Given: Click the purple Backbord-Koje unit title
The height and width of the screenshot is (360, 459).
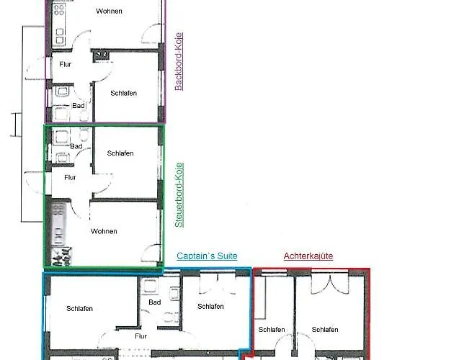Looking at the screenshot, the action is [x=179, y=62].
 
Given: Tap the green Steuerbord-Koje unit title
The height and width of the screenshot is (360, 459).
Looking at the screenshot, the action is [x=179, y=195].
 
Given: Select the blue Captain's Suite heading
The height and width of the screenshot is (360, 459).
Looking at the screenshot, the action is [x=207, y=256].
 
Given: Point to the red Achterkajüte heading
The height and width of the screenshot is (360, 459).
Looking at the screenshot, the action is [x=308, y=256].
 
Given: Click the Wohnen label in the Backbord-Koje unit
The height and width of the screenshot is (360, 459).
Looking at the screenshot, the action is [x=109, y=11].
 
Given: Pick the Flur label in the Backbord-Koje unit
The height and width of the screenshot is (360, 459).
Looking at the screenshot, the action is [x=65, y=64].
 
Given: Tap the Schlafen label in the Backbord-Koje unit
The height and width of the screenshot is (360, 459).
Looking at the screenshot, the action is [x=123, y=93].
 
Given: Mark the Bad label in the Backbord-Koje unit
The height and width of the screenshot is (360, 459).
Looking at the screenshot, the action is [x=79, y=106].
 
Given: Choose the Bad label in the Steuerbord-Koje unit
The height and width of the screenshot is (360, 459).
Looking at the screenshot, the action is [x=76, y=146].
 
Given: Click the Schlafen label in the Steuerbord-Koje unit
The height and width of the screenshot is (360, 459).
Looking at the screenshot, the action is [x=120, y=153].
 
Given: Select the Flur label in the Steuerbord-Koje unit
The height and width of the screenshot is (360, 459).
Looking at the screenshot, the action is [x=70, y=178].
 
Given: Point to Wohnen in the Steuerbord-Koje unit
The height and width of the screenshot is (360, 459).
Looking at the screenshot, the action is [x=104, y=231].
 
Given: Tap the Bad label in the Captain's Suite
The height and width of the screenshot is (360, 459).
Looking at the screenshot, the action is [x=154, y=302].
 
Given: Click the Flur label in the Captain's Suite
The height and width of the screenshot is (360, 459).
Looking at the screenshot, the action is [x=141, y=336].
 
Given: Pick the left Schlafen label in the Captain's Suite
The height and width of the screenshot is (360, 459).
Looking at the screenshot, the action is [x=79, y=309].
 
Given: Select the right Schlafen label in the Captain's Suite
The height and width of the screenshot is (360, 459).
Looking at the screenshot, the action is [x=210, y=307].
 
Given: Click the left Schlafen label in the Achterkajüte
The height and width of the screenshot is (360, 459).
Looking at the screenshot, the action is [x=272, y=330].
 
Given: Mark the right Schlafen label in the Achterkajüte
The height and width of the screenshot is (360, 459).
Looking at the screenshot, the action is [x=325, y=330].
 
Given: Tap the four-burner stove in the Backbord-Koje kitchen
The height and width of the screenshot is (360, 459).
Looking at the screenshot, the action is [x=59, y=9].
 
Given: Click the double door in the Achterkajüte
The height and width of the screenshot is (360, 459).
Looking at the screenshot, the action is [x=330, y=282].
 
